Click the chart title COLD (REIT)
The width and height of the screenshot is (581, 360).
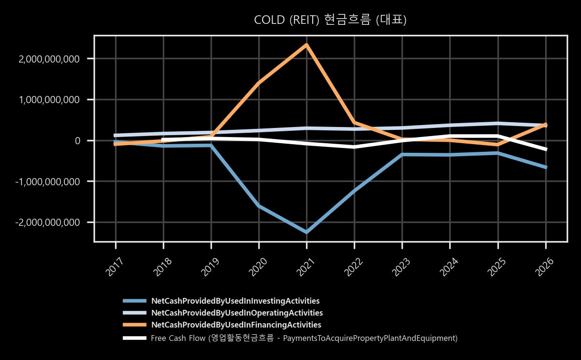[x=286, y=20]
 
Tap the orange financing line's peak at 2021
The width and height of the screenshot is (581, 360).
[x=306, y=44]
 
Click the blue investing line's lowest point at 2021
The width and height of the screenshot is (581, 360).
[x=306, y=233]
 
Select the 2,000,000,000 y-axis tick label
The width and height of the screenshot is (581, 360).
[x=49, y=59]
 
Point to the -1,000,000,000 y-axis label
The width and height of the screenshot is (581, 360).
[x=47, y=181]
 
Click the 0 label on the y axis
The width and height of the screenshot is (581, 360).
[x=77, y=141]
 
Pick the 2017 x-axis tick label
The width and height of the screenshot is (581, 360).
[x=115, y=267]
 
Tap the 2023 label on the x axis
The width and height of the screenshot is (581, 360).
[x=401, y=267]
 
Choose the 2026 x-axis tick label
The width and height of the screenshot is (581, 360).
[x=544, y=267]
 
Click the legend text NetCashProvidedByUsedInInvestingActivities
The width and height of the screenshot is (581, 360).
[x=235, y=301]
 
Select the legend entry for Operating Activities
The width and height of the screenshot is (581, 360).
[x=237, y=313]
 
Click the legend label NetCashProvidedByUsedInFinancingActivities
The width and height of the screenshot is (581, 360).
[x=236, y=325]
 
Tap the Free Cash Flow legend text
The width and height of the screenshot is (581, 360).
[x=304, y=338]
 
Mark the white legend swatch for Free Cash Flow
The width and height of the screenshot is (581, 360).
[x=135, y=338]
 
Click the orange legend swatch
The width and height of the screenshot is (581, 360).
[x=135, y=325]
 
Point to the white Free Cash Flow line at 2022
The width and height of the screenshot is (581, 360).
[x=354, y=147]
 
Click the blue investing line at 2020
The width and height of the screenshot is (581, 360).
[x=259, y=206]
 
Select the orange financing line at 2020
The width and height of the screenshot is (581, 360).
[x=259, y=83]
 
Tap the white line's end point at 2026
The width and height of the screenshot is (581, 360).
[x=546, y=149]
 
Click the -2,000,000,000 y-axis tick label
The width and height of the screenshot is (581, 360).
[x=47, y=222]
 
